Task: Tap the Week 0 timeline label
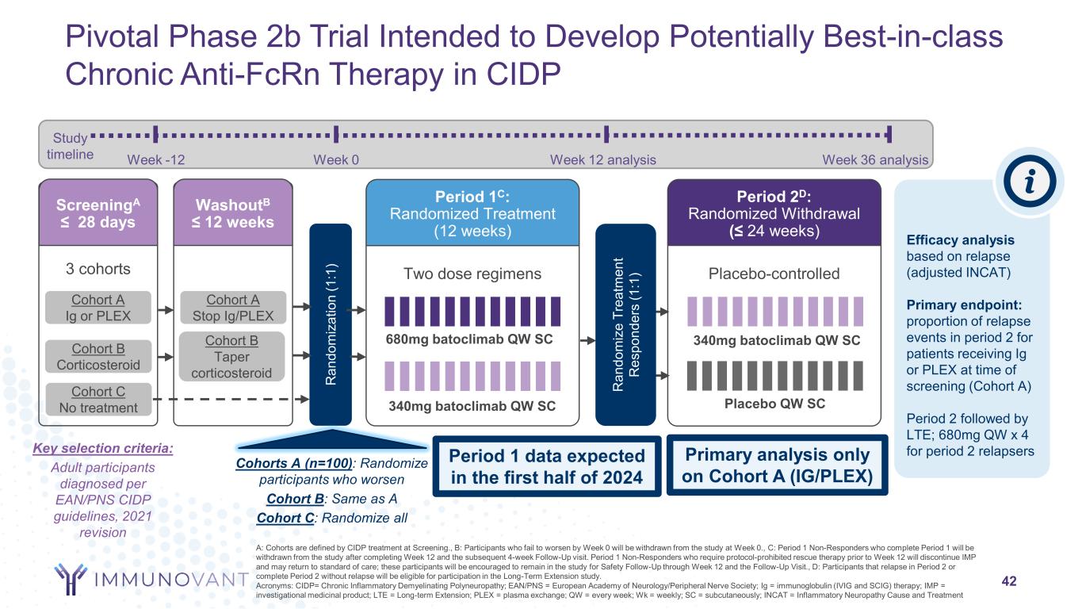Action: (337, 159)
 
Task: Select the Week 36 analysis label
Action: (875, 159)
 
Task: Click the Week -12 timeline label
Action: (156, 159)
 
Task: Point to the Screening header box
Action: (99, 212)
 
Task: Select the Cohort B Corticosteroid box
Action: (98, 357)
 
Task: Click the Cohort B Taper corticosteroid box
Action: (233, 357)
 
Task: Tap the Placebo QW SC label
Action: (774, 404)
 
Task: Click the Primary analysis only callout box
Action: (774, 465)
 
